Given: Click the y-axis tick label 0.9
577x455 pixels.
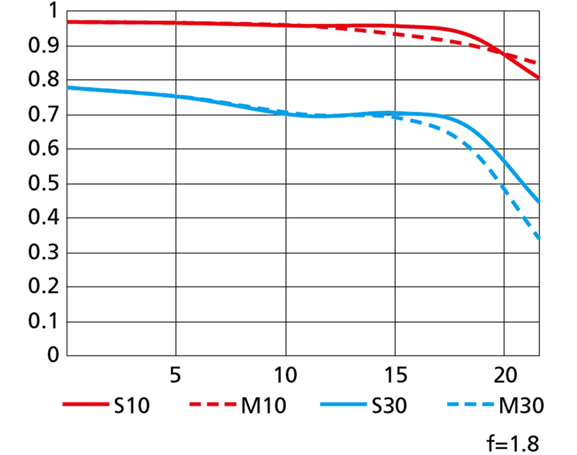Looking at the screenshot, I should click(x=43, y=46).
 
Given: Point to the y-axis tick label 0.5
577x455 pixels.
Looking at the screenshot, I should click(x=43, y=184).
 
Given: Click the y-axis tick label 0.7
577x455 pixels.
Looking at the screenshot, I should click(x=43, y=115).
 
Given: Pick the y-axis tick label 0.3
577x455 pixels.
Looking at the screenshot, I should click(x=43, y=253).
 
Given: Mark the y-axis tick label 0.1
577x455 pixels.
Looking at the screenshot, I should click(x=43, y=322).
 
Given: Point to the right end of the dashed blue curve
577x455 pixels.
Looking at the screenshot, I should click(x=539, y=238).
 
